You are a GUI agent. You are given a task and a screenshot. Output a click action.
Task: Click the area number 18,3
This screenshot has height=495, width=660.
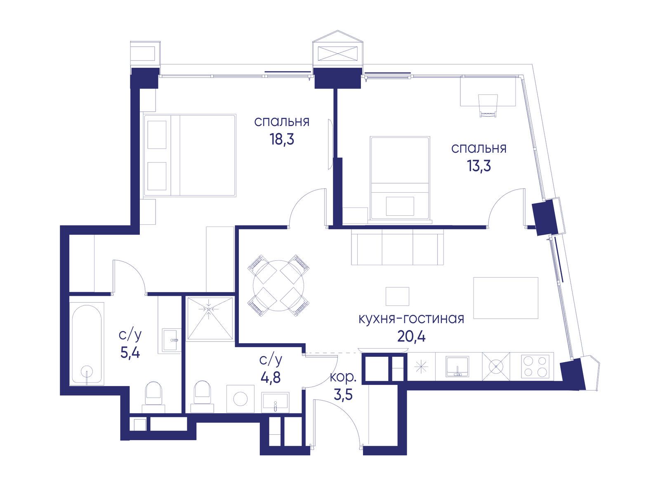[282, 139]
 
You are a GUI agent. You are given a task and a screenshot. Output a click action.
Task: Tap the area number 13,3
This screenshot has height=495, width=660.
[478, 165]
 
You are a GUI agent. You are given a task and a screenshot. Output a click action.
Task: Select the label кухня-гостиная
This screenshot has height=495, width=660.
[411, 319]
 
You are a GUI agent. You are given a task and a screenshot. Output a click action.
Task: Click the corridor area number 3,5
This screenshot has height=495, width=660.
[343, 395]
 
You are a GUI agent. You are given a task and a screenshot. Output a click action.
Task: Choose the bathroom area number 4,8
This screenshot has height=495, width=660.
[271, 377]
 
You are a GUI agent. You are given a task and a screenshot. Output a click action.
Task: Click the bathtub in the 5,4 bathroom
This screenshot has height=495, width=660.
[87, 344]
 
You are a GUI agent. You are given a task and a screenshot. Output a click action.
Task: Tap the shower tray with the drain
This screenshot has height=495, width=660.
[210, 318]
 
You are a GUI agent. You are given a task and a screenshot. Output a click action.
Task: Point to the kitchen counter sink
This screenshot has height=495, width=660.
[457, 366]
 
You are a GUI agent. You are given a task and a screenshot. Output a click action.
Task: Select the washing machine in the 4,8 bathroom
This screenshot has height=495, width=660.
[240, 399]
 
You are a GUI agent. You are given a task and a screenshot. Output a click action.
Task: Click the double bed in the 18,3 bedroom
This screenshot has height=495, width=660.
[190, 156]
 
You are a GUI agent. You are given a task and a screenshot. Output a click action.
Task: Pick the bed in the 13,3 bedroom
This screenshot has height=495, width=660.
[400, 178]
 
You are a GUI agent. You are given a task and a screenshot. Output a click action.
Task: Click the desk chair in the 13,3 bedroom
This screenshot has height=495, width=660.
[488, 106]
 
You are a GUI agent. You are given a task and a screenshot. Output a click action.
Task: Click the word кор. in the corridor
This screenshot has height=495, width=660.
[343, 377]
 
